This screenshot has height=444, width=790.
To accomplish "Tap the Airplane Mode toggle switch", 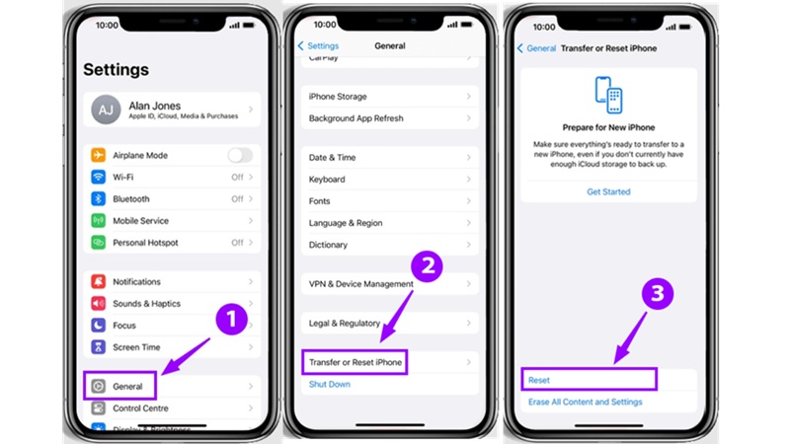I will click(x=239, y=156).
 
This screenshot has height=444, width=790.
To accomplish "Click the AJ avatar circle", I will click(x=106, y=111).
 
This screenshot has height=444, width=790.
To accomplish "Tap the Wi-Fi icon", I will click(x=98, y=178).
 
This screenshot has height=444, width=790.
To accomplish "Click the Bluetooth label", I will click(x=131, y=199).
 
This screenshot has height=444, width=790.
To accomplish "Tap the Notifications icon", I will click(x=98, y=282).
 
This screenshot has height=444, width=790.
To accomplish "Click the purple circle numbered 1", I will click(x=230, y=320).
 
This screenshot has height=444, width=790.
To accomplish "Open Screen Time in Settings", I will click(x=136, y=347).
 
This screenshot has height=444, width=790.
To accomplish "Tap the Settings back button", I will click(x=318, y=46).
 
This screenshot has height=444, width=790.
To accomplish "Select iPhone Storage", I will click(x=338, y=97).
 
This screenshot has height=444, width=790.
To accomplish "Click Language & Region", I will click(x=346, y=223).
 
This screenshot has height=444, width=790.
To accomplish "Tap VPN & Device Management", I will click(x=360, y=284).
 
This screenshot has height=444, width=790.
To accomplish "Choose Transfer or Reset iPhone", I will click(x=355, y=363).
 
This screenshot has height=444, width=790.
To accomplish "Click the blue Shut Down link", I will click(x=330, y=385).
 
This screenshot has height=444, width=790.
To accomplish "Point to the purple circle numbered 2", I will click(x=427, y=265).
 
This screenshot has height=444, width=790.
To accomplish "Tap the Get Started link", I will click(x=608, y=192).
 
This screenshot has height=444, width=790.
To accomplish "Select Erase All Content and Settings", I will click(x=585, y=403).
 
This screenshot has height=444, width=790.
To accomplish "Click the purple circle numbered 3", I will click(x=658, y=293).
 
